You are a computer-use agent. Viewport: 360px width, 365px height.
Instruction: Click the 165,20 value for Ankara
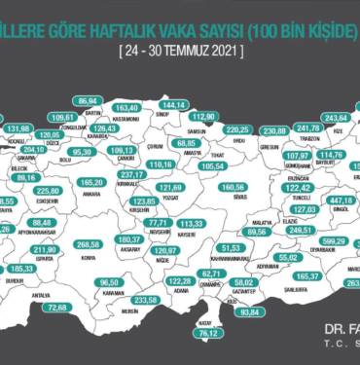pyautogui.click(x=91, y=181)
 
